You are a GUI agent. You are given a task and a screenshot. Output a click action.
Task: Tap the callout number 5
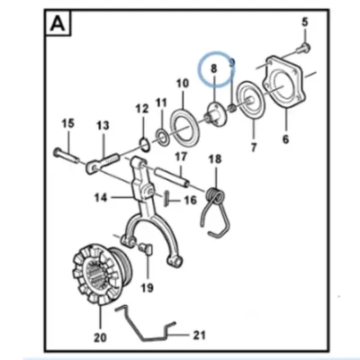pos(305,22)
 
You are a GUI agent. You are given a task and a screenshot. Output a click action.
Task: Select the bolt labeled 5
pos(303,48)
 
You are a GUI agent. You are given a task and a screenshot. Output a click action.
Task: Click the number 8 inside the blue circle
pos(213,68)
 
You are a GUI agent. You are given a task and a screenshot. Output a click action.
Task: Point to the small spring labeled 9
pos(232,108)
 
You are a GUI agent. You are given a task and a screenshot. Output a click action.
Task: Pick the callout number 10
pos(183,83)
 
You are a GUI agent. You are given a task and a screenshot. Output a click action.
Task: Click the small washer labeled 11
pos(162,136)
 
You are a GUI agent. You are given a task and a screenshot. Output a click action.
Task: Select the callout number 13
pos(103,125)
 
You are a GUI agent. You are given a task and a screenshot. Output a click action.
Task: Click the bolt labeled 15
pos(66,156)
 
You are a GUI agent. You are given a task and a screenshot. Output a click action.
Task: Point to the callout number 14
pos(101,198)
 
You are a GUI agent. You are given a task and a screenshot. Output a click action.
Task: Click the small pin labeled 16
pos(166,199)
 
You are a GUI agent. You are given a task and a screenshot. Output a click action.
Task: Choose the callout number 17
pos(181,157)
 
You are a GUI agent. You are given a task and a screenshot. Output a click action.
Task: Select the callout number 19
pos(148,288)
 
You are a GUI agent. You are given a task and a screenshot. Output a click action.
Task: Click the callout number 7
pos(254,148)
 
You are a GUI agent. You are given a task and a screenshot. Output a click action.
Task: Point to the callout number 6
pos(285,139)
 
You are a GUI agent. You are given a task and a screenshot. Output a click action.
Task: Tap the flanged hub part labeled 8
pos(217,115)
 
